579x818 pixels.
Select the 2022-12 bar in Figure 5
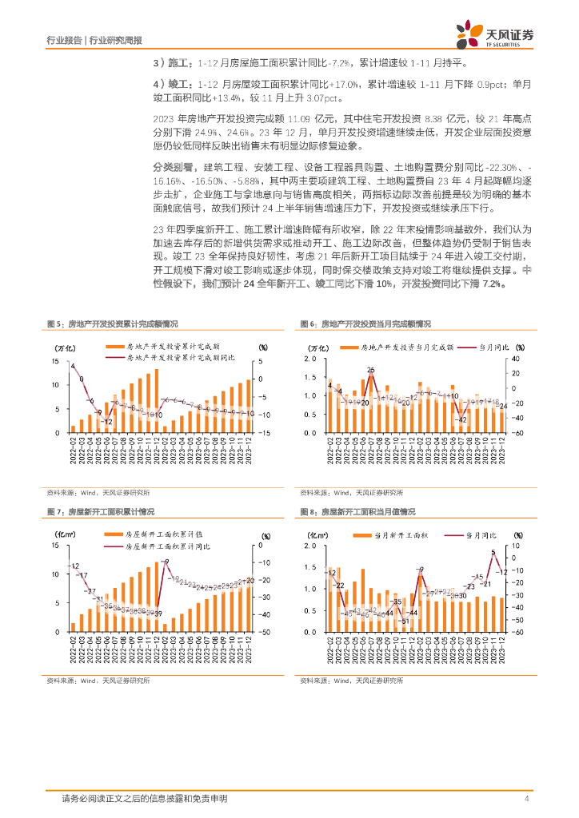157,399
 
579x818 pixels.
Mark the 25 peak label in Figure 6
370,370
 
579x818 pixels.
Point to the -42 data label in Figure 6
461,419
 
